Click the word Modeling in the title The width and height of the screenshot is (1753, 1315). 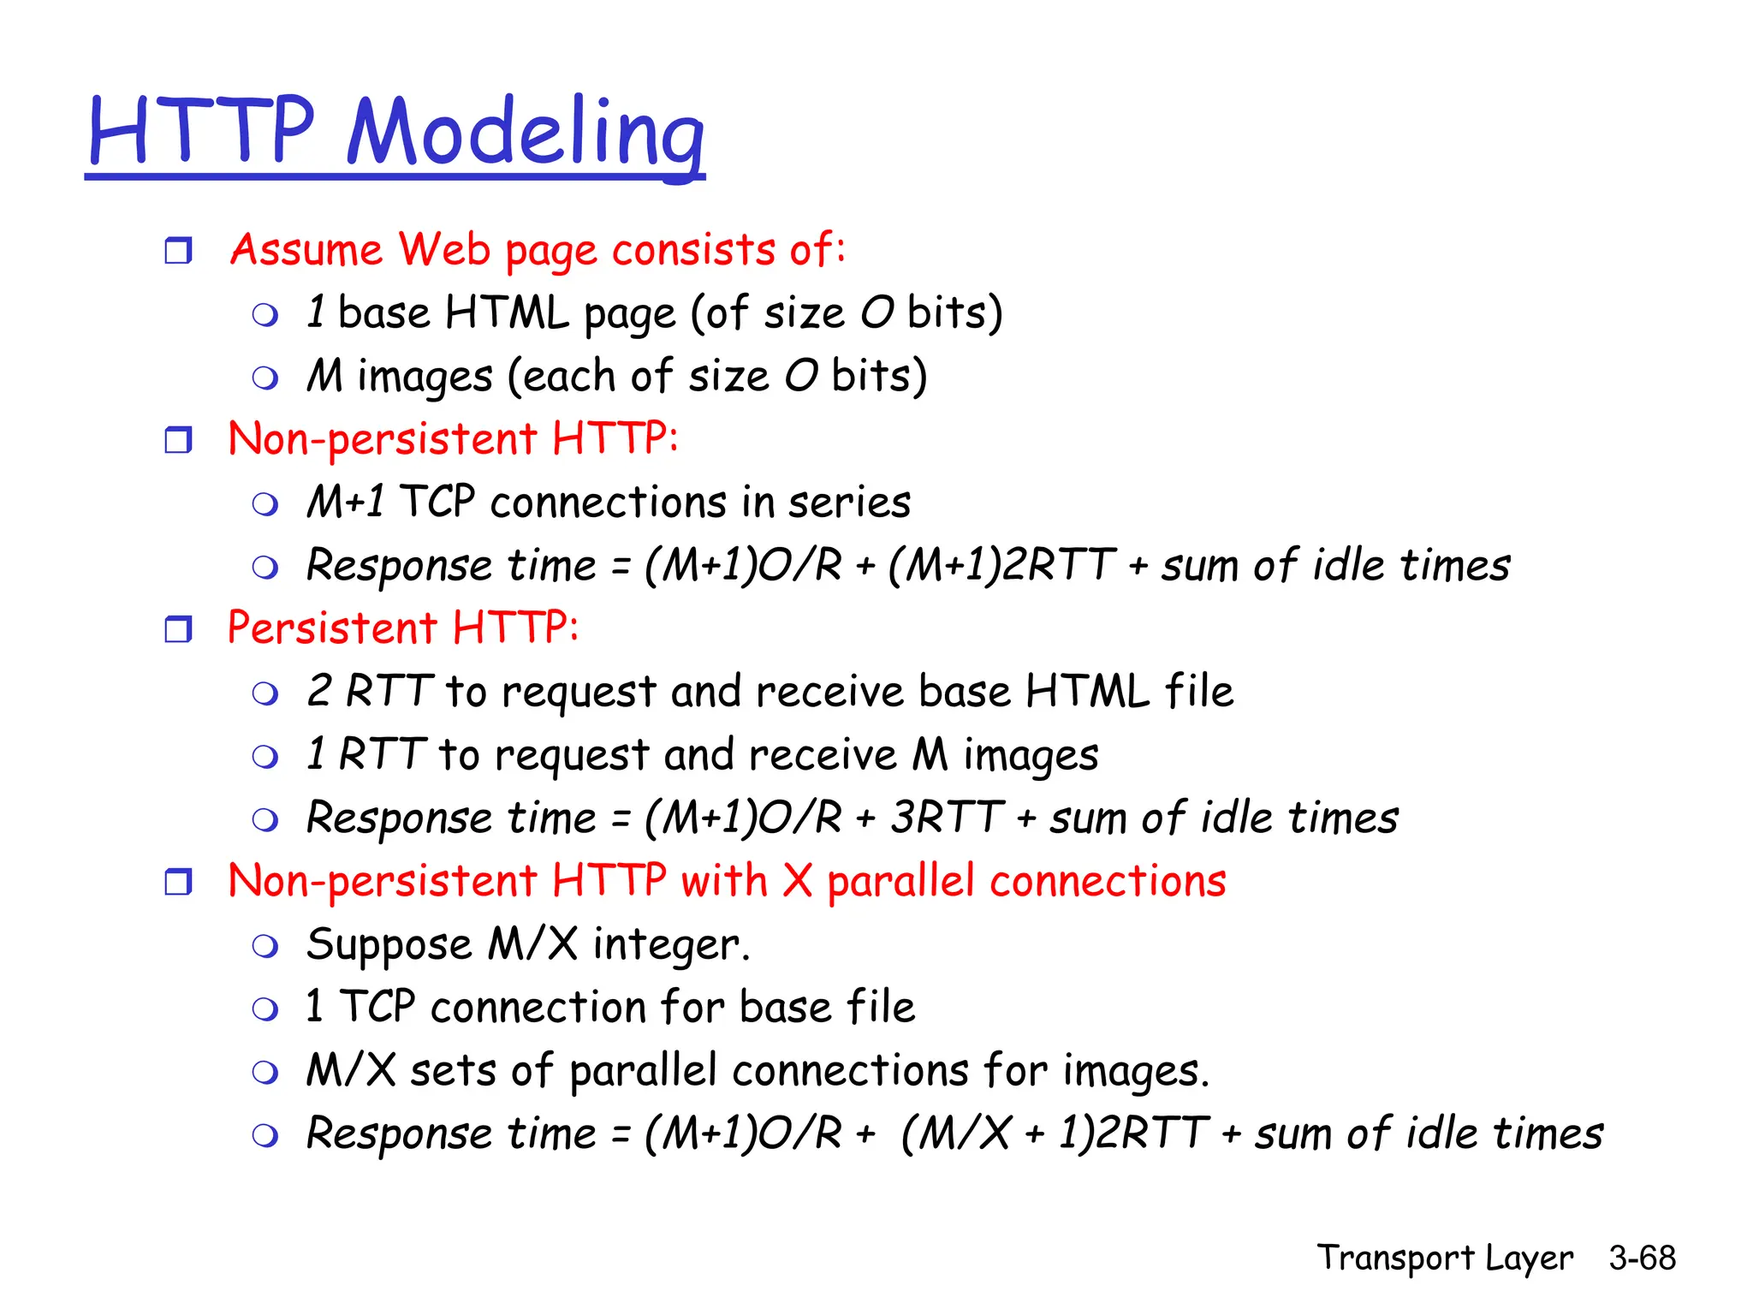[526, 133]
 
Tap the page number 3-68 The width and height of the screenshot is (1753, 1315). [1642, 1258]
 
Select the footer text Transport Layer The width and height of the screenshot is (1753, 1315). [1444, 1258]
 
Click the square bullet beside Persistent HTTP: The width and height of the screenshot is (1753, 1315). [178, 629]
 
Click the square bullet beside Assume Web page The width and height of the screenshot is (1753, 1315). [178, 251]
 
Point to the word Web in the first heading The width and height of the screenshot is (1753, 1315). [444, 249]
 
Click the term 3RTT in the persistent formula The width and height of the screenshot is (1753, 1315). [947, 817]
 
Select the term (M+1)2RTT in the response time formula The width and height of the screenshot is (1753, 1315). [1001, 565]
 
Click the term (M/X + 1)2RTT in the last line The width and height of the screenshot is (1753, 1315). [1055, 1134]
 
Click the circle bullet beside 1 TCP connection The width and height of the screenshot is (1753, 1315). [265, 1009]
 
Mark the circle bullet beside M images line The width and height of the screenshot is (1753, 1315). [265, 378]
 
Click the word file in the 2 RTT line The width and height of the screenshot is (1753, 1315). [1198, 691]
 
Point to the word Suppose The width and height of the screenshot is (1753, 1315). [389, 945]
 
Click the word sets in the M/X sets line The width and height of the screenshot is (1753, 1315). [453, 1071]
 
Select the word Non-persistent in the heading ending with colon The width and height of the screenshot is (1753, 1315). [382, 440]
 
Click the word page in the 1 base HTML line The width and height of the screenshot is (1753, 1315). [629, 314]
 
